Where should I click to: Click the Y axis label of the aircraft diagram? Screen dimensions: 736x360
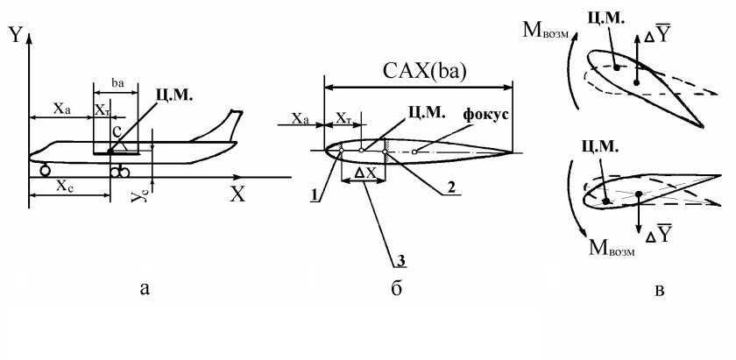(x=16, y=35)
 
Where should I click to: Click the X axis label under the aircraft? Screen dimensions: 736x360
(x=237, y=194)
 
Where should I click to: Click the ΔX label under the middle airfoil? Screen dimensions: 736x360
(x=365, y=173)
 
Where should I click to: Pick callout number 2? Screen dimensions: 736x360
(x=450, y=187)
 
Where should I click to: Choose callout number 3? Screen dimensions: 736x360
(x=401, y=261)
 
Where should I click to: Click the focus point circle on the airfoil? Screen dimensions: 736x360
(x=414, y=152)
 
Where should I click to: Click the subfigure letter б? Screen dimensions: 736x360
(x=396, y=289)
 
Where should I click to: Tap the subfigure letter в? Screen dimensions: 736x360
(x=659, y=291)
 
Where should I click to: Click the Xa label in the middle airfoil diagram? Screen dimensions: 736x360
(x=300, y=119)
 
